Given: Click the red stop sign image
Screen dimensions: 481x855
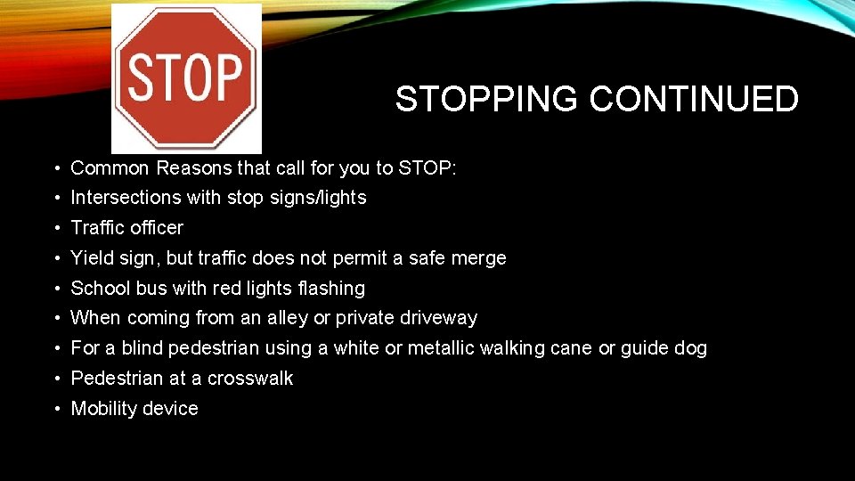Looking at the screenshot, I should [186, 78].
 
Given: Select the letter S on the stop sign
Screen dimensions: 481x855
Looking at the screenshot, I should [142, 77].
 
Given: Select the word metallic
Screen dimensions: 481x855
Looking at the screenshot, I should [440, 348].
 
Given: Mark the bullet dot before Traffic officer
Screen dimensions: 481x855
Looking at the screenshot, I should [55, 229].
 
